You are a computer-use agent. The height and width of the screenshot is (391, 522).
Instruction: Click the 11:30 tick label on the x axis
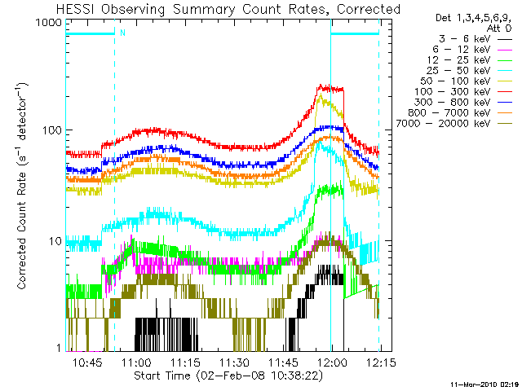click(x=235, y=362)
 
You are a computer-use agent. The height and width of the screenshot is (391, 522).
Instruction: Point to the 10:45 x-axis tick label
click(x=87, y=362)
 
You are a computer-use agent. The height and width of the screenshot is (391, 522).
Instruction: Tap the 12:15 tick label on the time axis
click(x=381, y=362)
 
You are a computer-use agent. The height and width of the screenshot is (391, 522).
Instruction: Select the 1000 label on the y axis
click(x=49, y=22)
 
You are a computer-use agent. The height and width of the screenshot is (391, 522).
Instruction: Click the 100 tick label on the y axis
click(x=52, y=130)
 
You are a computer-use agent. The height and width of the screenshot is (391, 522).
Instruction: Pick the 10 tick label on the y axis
click(x=55, y=241)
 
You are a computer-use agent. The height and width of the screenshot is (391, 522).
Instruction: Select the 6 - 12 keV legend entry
click(x=462, y=50)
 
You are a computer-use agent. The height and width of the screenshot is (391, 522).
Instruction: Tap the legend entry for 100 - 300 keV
click(x=452, y=92)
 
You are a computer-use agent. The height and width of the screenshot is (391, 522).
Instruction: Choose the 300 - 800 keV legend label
click(x=452, y=103)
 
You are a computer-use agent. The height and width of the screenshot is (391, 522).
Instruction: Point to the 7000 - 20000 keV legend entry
click(x=443, y=124)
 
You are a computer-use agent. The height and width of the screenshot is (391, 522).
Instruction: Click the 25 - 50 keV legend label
click(x=458, y=71)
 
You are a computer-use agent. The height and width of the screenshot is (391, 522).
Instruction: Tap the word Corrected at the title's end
click(x=369, y=9)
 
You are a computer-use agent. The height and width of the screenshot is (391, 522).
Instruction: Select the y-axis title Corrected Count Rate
click(x=21, y=231)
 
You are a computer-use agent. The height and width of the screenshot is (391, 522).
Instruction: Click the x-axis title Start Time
click(x=162, y=376)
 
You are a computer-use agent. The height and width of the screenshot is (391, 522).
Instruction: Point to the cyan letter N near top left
click(x=122, y=33)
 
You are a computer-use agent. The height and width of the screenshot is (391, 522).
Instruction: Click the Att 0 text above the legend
click(x=498, y=29)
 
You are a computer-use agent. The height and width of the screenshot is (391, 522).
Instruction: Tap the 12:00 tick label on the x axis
click(x=332, y=362)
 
